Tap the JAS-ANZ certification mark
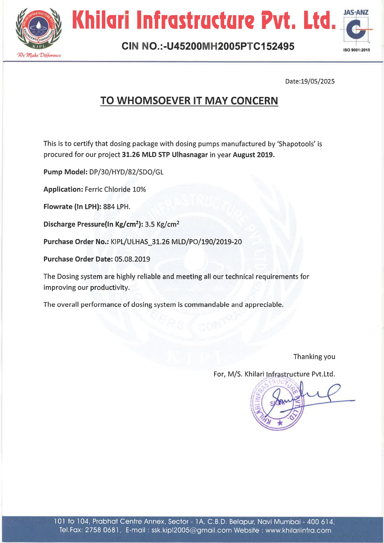pos(356,29)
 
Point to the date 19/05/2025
pos(318,81)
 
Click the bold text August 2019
pos(254,155)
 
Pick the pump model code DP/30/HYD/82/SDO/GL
pos(126,172)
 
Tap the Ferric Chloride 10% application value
pos(115,189)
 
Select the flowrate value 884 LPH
pos(117,207)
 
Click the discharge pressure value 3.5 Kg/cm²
pos(162,224)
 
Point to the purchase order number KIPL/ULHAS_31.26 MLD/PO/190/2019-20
pos(176,242)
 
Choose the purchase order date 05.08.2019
pos(132,259)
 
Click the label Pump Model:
pos(65,172)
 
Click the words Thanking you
pos(314,357)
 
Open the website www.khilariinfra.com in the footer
pos(298,530)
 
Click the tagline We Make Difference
pos(39,55)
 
